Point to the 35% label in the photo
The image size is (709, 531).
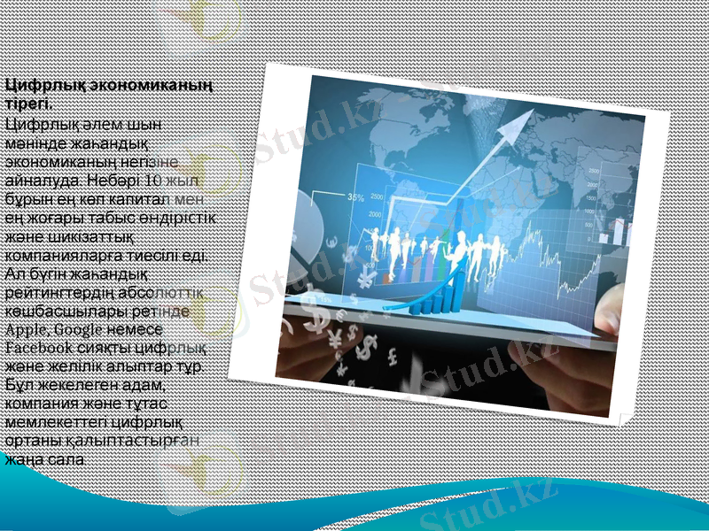click(355, 196)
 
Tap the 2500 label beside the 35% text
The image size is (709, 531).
click(378, 196)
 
